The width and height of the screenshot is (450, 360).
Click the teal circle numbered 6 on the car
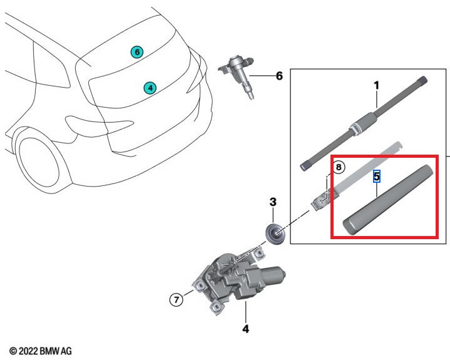click(137, 52)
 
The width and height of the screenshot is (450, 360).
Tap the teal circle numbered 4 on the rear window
click(150, 88)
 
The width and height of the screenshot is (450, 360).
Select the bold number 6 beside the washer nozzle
click(279, 76)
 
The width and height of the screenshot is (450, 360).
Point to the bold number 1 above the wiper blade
click(376, 85)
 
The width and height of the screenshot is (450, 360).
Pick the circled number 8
click(337, 167)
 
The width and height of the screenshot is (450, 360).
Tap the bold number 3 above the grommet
click(273, 202)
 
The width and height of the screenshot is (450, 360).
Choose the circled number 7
click(176, 301)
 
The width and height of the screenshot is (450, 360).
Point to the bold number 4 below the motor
click(245, 328)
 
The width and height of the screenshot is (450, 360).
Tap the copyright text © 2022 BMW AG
click(41, 351)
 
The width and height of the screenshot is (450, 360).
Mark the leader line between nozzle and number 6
click(262, 76)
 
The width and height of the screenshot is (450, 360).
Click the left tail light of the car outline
click(81, 121)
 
